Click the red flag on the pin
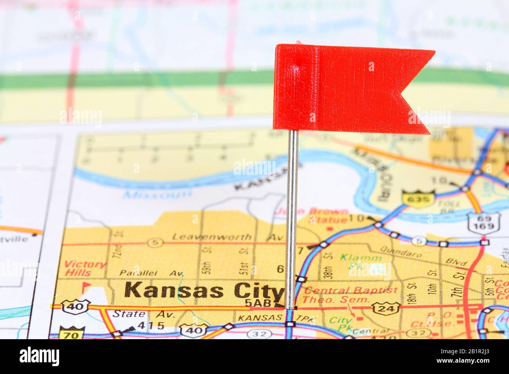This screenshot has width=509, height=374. pos(345,88)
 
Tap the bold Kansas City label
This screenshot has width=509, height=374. pos(204,291)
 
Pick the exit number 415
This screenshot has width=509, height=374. pos(150,325)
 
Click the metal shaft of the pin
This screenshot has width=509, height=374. pos(291,219)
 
